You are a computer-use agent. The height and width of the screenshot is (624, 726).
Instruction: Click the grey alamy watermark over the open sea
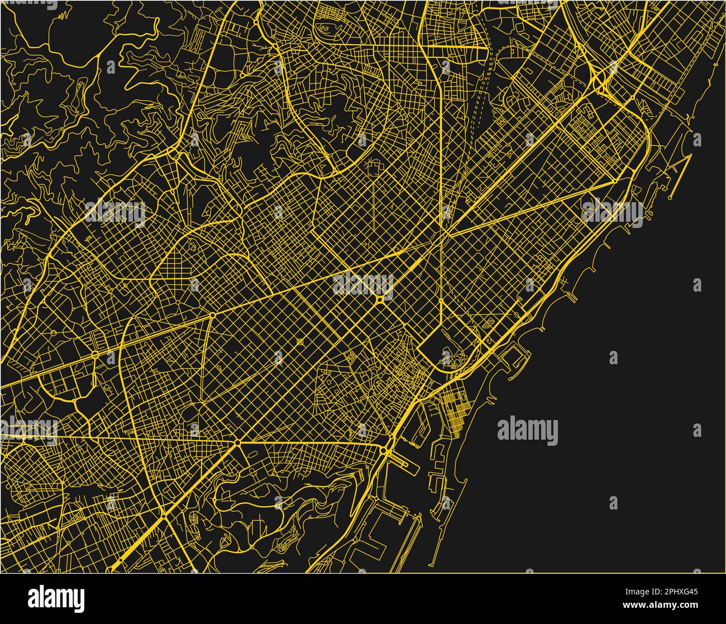coord(527,431)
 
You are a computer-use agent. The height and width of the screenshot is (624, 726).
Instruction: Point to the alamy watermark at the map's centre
coord(363,284)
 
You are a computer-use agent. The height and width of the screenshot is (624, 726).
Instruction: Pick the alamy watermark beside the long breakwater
coord(612,213)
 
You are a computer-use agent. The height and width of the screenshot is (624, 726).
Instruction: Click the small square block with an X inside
coord(300,341)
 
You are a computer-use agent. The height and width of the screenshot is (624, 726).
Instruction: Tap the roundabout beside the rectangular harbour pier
coord(385,450)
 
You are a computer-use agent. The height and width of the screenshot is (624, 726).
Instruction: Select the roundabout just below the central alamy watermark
coord(380,301)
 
